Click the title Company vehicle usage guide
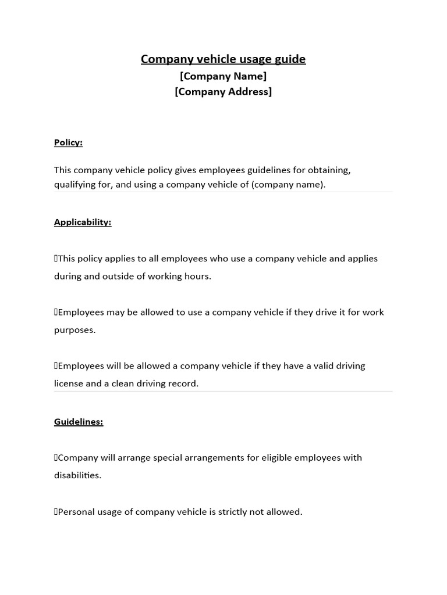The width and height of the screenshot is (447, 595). click(x=223, y=59)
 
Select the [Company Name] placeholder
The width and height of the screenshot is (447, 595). click(x=223, y=76)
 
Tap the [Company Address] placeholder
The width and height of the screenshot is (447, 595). click(x=223, y=92)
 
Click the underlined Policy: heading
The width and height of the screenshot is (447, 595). click(x=68, y=142)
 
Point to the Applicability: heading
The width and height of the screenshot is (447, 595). click(x=83, y=222)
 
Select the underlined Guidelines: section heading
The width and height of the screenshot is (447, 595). click(x=79, y=422)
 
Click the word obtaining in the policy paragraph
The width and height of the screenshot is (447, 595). click(x=329, y=170)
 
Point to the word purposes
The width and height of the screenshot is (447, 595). click(x=74, y=330)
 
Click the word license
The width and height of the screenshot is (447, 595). click(x=69, y=383)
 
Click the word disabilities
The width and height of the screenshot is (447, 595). click(x=77, y=475)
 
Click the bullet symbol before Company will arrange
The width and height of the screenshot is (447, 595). click(x=56, y=458)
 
